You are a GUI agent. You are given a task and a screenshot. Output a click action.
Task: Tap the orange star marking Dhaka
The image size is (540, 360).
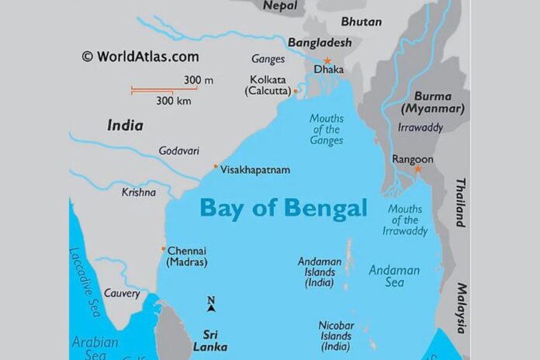pyautogui.click(x=327, y=61)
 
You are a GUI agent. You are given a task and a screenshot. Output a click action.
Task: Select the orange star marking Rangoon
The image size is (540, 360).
pyautogui.click(x=417, y=168)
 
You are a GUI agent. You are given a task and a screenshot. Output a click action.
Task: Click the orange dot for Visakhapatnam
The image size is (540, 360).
pyautogui.click(x=216, y=167)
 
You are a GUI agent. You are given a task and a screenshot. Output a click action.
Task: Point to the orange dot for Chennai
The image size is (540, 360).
pyautogui.click(x=163, y=249)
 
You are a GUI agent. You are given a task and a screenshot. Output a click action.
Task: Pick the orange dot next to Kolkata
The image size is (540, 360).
pyautogui.click(x=296, y=91)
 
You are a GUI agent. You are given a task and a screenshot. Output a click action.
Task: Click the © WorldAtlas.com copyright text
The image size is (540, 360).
pyautogui.click(x=140, y=57)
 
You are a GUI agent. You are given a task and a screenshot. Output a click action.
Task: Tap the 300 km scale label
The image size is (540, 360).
pyautogui.click(x=175, y=101)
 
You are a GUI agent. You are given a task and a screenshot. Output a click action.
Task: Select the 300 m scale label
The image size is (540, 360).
pyautogui.click(x=197, y=80)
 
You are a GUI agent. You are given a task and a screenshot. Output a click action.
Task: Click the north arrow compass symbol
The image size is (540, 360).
pyautogui.click(x=211, y=305)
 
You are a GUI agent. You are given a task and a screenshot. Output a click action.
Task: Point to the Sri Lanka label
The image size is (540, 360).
pyautogui.click(x=209, y=341)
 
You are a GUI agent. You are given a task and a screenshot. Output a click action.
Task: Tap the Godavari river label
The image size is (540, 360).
pyautogui.click(x=179, y=151)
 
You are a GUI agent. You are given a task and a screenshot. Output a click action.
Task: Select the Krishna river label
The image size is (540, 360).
pyautogui.click(x=138, y=192)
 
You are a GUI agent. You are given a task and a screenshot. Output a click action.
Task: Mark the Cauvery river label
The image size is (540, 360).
pyautogui.click(x=122, y=294)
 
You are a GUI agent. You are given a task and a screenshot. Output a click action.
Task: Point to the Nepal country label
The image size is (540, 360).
pyautogui.click(x=279, y=6)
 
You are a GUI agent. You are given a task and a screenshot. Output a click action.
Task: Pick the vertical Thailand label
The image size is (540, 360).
pyautogui.click(x=460, y=202)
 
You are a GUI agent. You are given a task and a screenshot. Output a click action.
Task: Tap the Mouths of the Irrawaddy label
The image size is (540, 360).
pyautogui.click(x=407, y=220)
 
